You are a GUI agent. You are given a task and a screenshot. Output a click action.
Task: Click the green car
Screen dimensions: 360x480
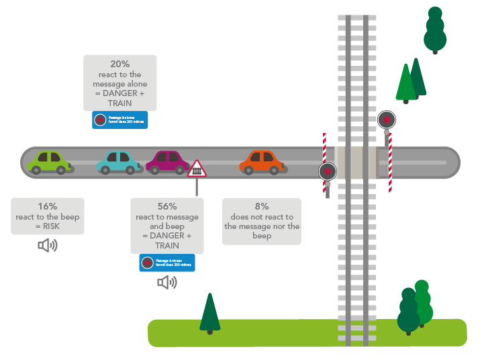click(48, 162)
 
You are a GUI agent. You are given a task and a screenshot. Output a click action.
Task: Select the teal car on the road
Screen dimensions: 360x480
click(118, 163)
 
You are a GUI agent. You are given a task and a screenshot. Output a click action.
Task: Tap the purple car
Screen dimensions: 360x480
click(167, 162)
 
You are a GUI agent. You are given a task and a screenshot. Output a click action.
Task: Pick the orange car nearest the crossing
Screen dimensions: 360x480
click(262, 162)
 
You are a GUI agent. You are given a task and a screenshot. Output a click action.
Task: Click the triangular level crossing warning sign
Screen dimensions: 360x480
click(197, 169)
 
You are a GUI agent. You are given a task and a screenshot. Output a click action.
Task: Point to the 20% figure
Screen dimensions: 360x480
click(119, 64)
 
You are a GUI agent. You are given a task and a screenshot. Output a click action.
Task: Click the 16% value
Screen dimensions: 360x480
click(47, 207)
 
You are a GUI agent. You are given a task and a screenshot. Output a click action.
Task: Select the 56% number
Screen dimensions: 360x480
click(166, 207)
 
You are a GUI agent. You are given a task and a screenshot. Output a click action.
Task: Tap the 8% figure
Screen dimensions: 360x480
click(262, 207)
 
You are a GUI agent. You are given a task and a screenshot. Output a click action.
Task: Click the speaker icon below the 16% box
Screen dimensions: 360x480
click(47, 246)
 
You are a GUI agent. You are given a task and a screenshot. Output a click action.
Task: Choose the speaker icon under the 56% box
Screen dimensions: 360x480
click(166, 282)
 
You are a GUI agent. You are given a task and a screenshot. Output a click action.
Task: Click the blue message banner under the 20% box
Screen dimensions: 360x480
click(119, 120)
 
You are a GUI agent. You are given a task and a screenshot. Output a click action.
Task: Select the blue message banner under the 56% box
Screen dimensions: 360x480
click(166, 263)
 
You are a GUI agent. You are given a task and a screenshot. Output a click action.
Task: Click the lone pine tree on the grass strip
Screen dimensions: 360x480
click(210, 312)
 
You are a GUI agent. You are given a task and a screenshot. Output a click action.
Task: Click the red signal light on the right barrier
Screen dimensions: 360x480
click(386, 120)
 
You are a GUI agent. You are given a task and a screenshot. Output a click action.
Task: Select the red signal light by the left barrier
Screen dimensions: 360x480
click(328, 171)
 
